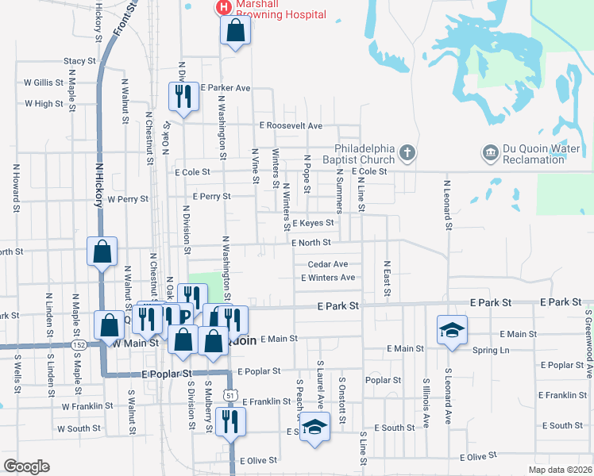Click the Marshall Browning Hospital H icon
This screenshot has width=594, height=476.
224,8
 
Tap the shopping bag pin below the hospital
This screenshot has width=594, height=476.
236,32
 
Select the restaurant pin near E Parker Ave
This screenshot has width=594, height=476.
183,97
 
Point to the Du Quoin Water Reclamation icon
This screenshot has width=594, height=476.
489,152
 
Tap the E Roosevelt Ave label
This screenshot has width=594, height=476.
291,126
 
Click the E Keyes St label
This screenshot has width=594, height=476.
313,224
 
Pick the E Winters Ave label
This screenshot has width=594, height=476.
328,278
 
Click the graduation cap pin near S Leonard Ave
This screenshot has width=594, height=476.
452,329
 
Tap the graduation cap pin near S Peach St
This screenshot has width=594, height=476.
315,426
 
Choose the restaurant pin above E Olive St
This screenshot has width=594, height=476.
230,420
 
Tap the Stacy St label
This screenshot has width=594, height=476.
79,61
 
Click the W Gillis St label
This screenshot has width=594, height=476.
44,82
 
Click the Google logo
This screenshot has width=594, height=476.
26,466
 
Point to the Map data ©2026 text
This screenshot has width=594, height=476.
560,470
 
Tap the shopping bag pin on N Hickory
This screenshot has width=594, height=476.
102,252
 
